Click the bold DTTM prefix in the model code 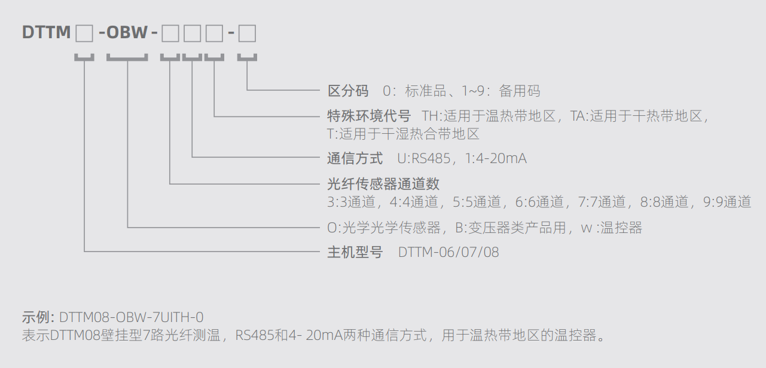(47, 33)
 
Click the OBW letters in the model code (127, 33)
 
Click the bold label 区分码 (348, 91)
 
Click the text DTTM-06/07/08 (448, 252)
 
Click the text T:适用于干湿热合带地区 (403, 134)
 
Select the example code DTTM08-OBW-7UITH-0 (132, 317)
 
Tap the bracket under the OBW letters (127, 59)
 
